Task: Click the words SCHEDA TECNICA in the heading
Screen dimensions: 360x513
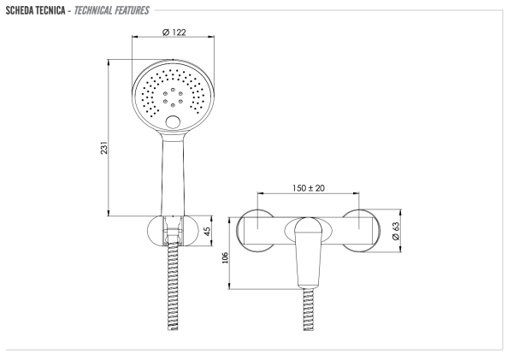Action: pos(39,9)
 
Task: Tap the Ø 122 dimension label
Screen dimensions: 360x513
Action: pos(174,32)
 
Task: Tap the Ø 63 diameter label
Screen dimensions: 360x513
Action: pos(396,231)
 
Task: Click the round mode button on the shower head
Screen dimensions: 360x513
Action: pos(175,123)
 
